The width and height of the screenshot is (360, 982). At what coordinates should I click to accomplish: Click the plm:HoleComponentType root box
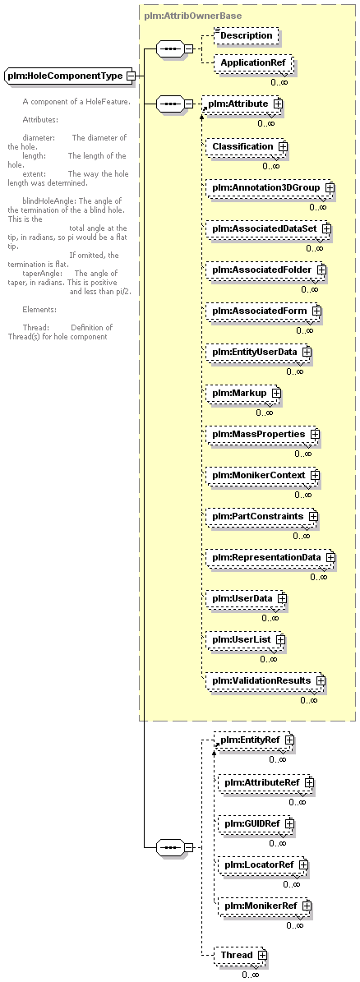70,76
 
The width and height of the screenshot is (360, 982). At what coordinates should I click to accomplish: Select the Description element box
246,35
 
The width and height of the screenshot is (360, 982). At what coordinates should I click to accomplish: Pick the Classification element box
247,146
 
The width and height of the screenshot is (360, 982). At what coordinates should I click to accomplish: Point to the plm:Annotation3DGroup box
270,188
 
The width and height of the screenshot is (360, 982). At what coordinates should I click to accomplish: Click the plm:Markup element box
244,394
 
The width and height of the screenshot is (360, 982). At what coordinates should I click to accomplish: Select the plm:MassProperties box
264,434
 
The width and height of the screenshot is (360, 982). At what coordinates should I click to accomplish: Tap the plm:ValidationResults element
266,680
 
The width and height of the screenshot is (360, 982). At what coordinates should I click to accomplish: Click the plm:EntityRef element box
254,740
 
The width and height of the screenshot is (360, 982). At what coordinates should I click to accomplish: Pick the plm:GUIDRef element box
256,823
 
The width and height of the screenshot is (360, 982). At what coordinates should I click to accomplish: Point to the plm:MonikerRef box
265,906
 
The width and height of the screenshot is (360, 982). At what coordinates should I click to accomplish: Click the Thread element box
241,955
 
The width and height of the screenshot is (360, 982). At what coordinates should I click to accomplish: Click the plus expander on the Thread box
261,955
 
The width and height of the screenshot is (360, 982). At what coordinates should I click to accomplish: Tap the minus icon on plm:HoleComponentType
130,76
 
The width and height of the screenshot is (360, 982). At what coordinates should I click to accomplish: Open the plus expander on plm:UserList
280,639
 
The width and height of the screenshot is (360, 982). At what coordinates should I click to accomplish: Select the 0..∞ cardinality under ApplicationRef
279,81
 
